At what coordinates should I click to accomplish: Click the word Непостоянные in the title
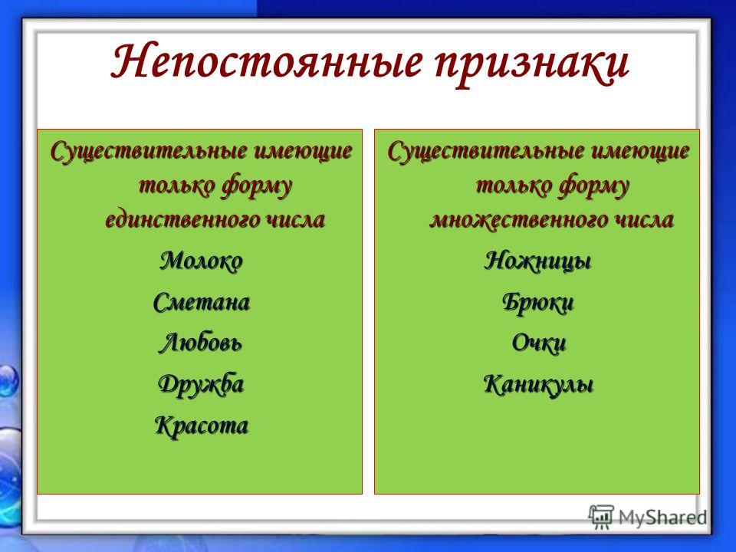pyautogui.click(x=266, y=61)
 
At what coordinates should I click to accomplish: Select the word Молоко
pyautogui.click(x=202, y=261)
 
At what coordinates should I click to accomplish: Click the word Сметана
pyautogui.click(x=202, y=302)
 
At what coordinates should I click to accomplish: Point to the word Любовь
pyautogui.click(x=200, y=343)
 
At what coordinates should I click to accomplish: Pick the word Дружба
pyautogui.click(x=201, y=384)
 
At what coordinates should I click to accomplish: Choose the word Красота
pyautogui.click(x=202, y=426)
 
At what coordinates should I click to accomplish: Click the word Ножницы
pyautogui.click(x=537, y=261)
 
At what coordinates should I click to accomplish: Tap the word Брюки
pyautogui.click(x=538, y=302)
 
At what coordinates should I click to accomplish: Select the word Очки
pyautogui.click(x=539, y=343)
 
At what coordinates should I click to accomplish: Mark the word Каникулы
pyautogui.click(x=538, y=384)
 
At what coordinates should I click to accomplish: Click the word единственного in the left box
pyautogui.click(x=182, y=219)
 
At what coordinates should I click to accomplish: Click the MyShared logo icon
pyautogui.click(x=601, y=517)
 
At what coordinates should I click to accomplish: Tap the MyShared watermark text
pyautogui.click(x=662, y=517)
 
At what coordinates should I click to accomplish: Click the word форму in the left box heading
pyautogui.click(x=257, y=186)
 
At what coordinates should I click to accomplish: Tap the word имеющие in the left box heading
pyautogui.click(x=303, y=152)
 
